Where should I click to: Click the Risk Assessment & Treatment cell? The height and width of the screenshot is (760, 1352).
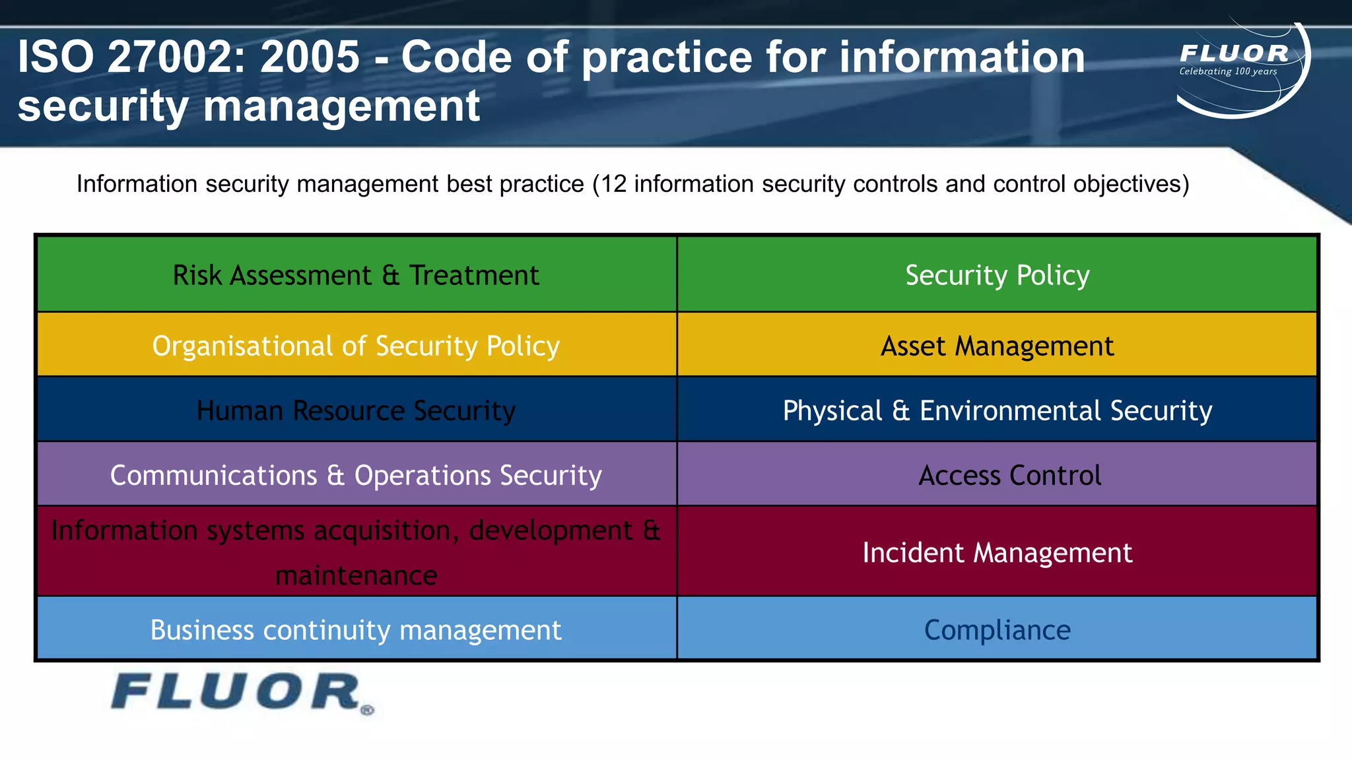(356, 275)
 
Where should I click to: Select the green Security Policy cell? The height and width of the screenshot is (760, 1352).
(997, 275)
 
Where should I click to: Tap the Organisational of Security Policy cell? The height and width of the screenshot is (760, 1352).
(356, 346)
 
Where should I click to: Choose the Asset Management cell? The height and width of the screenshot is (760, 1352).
(997, 346)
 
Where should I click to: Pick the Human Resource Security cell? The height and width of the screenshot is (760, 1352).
(356, 410)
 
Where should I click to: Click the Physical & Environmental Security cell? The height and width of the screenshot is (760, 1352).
(997, 410)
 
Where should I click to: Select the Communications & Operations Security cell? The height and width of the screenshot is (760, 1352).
(356, 475)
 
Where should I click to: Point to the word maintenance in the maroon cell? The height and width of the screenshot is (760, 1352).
(356, 575)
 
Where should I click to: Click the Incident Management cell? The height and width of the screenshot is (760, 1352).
(997, 552)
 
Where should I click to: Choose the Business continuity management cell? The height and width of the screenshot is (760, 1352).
(356, 630)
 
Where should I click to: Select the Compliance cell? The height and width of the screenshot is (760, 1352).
(997, 630)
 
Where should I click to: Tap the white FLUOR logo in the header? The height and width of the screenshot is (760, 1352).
(1233, 53)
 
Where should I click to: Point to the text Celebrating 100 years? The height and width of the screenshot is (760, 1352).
(1228, 71)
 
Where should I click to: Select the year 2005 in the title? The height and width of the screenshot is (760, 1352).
(310, 57)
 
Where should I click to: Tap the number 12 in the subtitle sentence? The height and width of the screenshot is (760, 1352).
(613, 184)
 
